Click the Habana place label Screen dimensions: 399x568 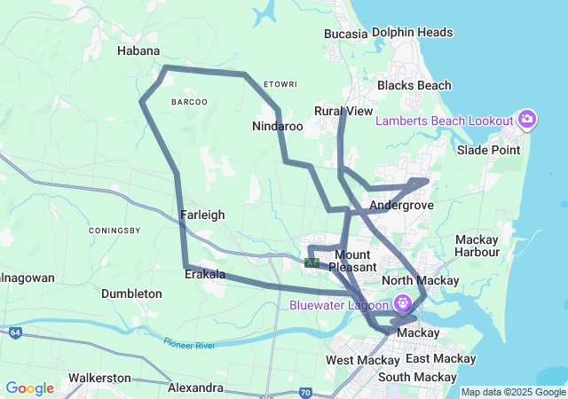click(138, 51)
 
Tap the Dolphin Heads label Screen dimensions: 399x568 click(413, 33)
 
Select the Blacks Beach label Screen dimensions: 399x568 click(414, 86)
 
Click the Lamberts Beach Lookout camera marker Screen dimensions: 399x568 click(527, 120)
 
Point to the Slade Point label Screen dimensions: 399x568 click(488, 150)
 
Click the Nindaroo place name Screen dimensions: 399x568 click(277, 127)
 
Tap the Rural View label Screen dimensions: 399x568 click(343, 111)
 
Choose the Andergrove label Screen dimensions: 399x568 click(400, 205)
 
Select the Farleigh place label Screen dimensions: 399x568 click(202, 215)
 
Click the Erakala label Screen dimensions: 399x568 click(205, 275)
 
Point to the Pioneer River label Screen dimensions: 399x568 click(189, 342)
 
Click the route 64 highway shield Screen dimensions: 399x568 click(16, 332)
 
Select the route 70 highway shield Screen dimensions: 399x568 click(305, 391)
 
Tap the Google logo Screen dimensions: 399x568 click(29, 387)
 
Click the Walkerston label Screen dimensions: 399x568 click(99, 378)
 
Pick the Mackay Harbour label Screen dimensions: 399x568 click(477, 246)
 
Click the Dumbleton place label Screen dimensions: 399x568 click(131, 293)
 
